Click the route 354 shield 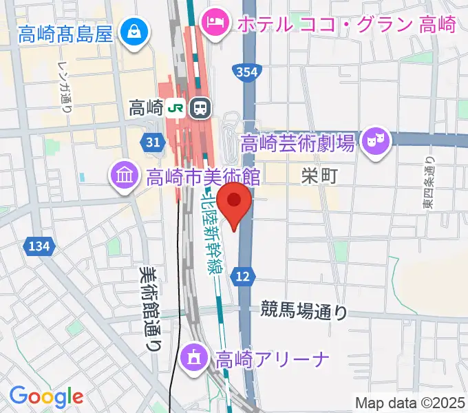(246, 72)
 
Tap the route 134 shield (39, 246)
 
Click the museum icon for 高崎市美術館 (125, 177)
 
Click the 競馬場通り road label (304, 310)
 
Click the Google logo (46, 396)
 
